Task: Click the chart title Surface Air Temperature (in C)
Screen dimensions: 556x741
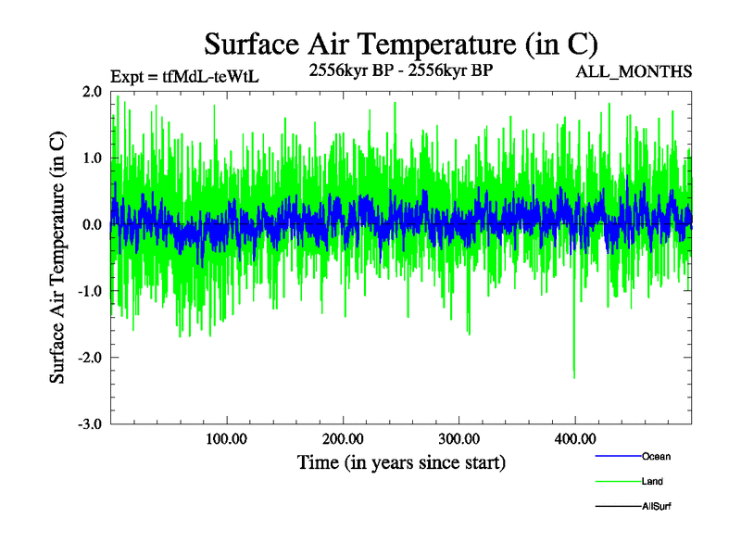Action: [x=401, y=44]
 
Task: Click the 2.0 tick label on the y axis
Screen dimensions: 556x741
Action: [x=91, y=92]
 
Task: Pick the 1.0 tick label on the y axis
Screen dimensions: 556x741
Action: [x=91, y=158]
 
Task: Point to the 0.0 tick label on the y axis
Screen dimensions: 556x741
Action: [x=91, y=225]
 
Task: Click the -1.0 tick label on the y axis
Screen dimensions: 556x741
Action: [x=89, y=292]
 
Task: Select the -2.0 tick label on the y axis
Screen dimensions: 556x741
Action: [x=89, y=358]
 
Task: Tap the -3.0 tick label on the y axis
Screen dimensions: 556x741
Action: [x=89, y=424]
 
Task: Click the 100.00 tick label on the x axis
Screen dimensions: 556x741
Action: [x=227, y=439]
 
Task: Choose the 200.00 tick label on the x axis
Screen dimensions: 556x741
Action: [x=343, y=439]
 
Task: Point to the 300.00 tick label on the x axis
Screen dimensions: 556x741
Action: [x=458, y=439]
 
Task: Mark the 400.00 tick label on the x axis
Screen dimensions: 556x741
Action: [x=575, y=439]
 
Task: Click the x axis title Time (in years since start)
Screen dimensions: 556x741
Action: [x=401, y=461]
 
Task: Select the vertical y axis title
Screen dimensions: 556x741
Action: [x=57, y=258]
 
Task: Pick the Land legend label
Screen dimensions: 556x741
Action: [x=652, y=482]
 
